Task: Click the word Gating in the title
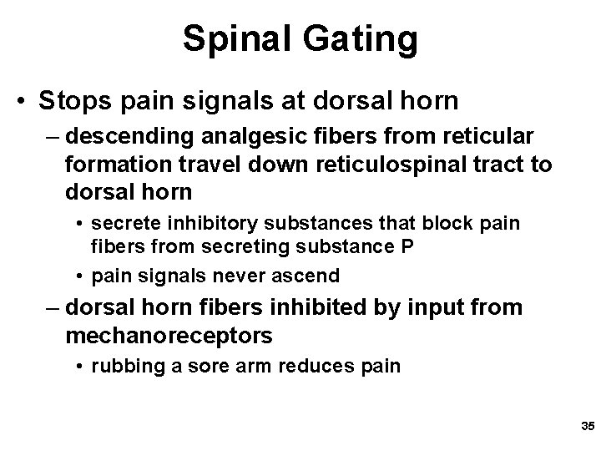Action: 366,39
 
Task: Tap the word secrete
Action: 124,224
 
